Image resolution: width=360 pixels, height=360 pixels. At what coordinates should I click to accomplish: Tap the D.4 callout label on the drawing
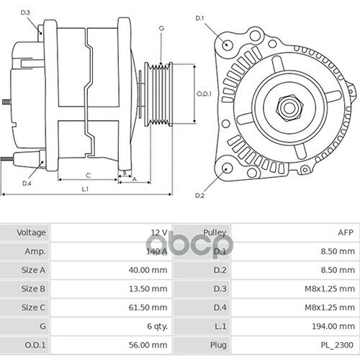27,184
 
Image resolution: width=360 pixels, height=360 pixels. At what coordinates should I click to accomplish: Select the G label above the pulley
161,27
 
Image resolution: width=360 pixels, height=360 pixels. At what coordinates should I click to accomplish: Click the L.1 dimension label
85,189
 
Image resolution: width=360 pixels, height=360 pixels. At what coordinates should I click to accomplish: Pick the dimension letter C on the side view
88,175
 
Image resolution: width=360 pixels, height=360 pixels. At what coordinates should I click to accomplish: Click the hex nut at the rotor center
288,107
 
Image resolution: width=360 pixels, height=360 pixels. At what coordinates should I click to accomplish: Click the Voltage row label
32,233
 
